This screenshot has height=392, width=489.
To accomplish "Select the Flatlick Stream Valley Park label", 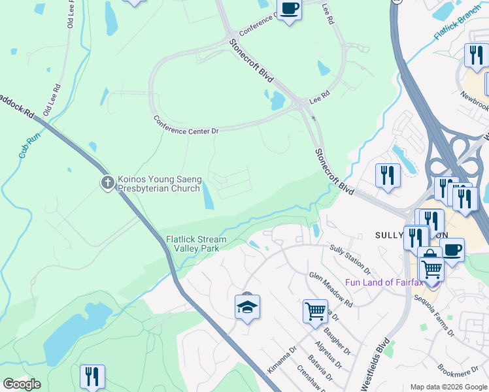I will click(x=196, y=244).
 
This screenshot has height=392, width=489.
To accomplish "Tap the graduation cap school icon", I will click(x=248, y=307).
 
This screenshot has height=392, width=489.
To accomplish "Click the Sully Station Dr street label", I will click(x=350, y=258).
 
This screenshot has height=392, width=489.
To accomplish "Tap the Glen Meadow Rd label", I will click(x=331, y=290).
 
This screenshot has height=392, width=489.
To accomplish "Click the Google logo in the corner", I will click(x=22, y=384).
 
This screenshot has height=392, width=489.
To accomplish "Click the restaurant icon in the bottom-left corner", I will click(x=92, y=376).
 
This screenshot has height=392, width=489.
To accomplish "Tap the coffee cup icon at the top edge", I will click(x=288, y=9).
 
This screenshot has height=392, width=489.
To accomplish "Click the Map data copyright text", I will click(x=448, y=387).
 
